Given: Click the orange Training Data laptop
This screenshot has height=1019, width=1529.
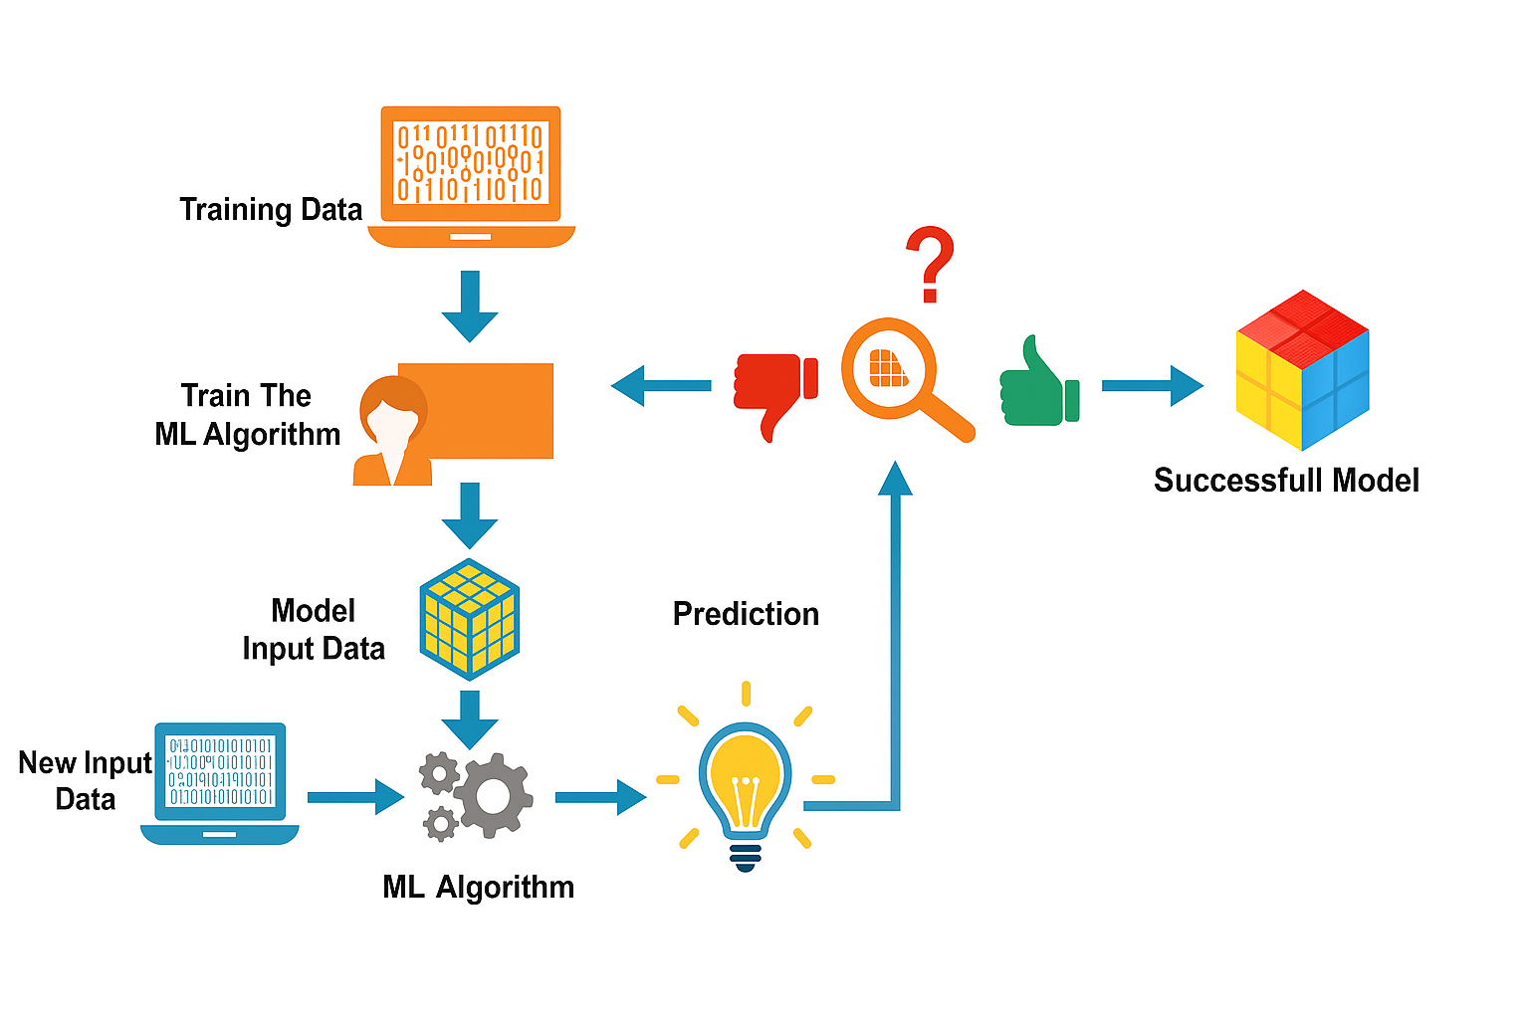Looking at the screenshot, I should click(x=471, y=174).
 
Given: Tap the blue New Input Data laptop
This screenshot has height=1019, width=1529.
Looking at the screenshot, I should click(x=220, y=782).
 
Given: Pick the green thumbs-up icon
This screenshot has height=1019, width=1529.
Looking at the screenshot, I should click(x=1037, y=386).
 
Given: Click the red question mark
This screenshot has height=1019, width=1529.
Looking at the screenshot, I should click(x=930, y=263).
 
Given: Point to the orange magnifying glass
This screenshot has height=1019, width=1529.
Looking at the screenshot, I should click(x=896, y=373).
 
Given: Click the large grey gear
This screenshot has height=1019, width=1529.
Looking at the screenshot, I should click(x=494, y=795).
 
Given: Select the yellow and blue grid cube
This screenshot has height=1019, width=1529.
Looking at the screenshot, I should click(x=470, y=619).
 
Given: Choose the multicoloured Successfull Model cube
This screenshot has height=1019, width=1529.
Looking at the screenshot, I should click(x=1302, y=369).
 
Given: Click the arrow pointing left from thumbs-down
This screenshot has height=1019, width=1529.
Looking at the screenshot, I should click(x=661, y=385).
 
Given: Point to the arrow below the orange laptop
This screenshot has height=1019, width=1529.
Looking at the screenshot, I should click(x=470, y=305).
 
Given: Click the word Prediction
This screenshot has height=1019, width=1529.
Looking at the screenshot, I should click(x=746, y=614).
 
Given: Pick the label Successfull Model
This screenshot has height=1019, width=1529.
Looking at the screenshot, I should click(x=1286, y=481).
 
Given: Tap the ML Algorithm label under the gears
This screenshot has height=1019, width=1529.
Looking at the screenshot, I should click(x=478, y=887).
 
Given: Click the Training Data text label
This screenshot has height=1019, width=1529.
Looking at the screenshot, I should click(x=271, y=210).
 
